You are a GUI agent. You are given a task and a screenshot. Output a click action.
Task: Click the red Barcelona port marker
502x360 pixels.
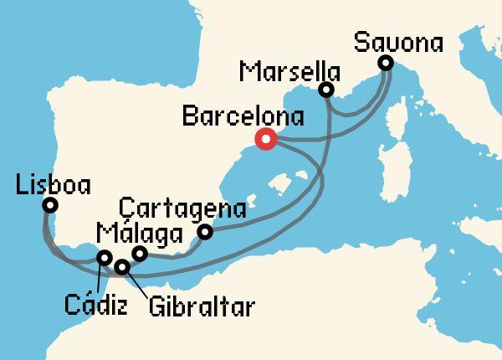coord(266,140)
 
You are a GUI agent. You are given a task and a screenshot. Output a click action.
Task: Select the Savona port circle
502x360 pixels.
coord(385,63)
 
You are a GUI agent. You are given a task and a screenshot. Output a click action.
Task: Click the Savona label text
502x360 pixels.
coord(398,42)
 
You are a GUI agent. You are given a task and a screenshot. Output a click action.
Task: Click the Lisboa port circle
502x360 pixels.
coord(50,205)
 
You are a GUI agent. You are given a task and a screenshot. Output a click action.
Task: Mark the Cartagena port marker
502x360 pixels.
coord(204,233)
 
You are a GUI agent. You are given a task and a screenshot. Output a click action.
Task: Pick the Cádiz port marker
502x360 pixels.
coord(104,258)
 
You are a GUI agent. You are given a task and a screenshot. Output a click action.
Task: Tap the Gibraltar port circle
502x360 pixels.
coord(122,268)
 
